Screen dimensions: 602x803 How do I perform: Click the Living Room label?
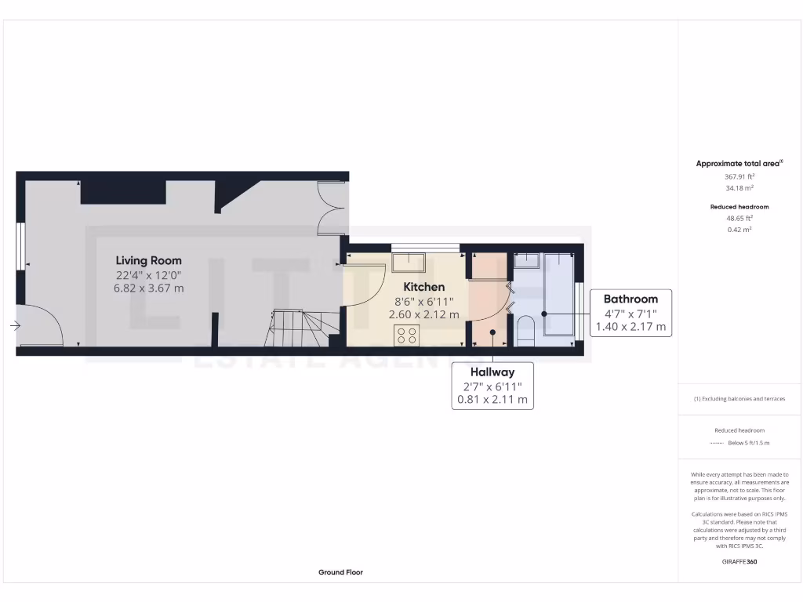[x=148, y=260]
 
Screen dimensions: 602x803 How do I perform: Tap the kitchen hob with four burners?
[x=407, y=335]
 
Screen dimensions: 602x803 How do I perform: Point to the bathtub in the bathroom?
[x=558, y=294]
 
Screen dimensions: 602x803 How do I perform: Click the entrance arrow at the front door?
[x=16, y=325]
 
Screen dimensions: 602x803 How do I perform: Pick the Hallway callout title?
[x=492, y=372]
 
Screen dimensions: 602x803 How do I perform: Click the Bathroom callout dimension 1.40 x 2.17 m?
[x=630, y=326]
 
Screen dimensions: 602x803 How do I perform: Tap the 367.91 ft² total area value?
[x=739, y=177]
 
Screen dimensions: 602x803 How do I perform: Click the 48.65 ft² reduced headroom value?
[x=739, y=219]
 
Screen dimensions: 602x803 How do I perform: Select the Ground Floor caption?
[x=340, y=572]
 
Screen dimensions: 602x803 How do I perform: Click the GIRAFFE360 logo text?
[x=739, y=562]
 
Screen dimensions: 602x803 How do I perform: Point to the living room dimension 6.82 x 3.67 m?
[x=148, y=288]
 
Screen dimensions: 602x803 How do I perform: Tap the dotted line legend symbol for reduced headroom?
[x=715, y=443]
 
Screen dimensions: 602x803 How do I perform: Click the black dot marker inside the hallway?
[x=492, y=332]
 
